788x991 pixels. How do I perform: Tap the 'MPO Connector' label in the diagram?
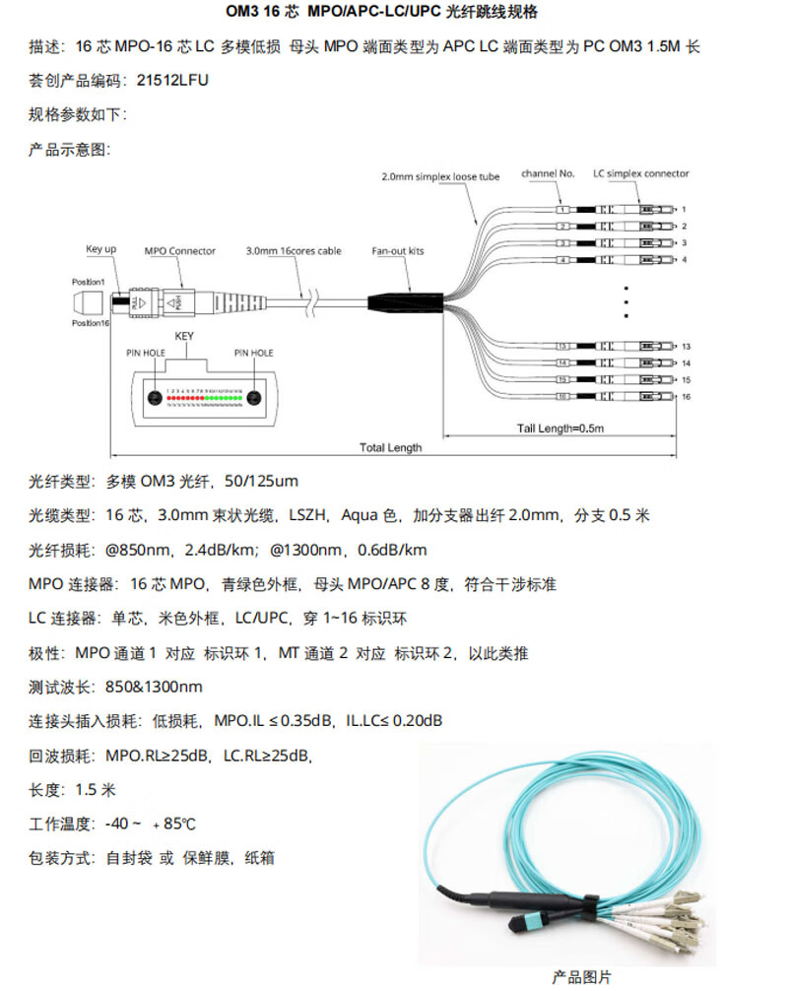[x=179, y=251]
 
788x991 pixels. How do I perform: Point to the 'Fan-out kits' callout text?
[x=398, y=251]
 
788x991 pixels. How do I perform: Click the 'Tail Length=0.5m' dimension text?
[x=559, y=429]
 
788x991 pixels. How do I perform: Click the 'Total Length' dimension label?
[x=390, y=447]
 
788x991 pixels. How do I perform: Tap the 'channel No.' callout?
[x=548, y=174]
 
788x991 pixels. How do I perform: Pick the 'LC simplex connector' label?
[x=641, y=174]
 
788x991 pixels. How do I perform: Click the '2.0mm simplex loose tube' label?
[x=440, y=177]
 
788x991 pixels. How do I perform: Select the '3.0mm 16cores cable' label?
[x=294, y=251]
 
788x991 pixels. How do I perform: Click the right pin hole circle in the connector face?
[x=254, y=399]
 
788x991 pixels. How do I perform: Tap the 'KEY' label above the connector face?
[x=184, y=336]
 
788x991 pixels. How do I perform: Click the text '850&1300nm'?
[x=154, y=687]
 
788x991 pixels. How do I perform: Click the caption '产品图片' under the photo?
[x=581, y=976]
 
